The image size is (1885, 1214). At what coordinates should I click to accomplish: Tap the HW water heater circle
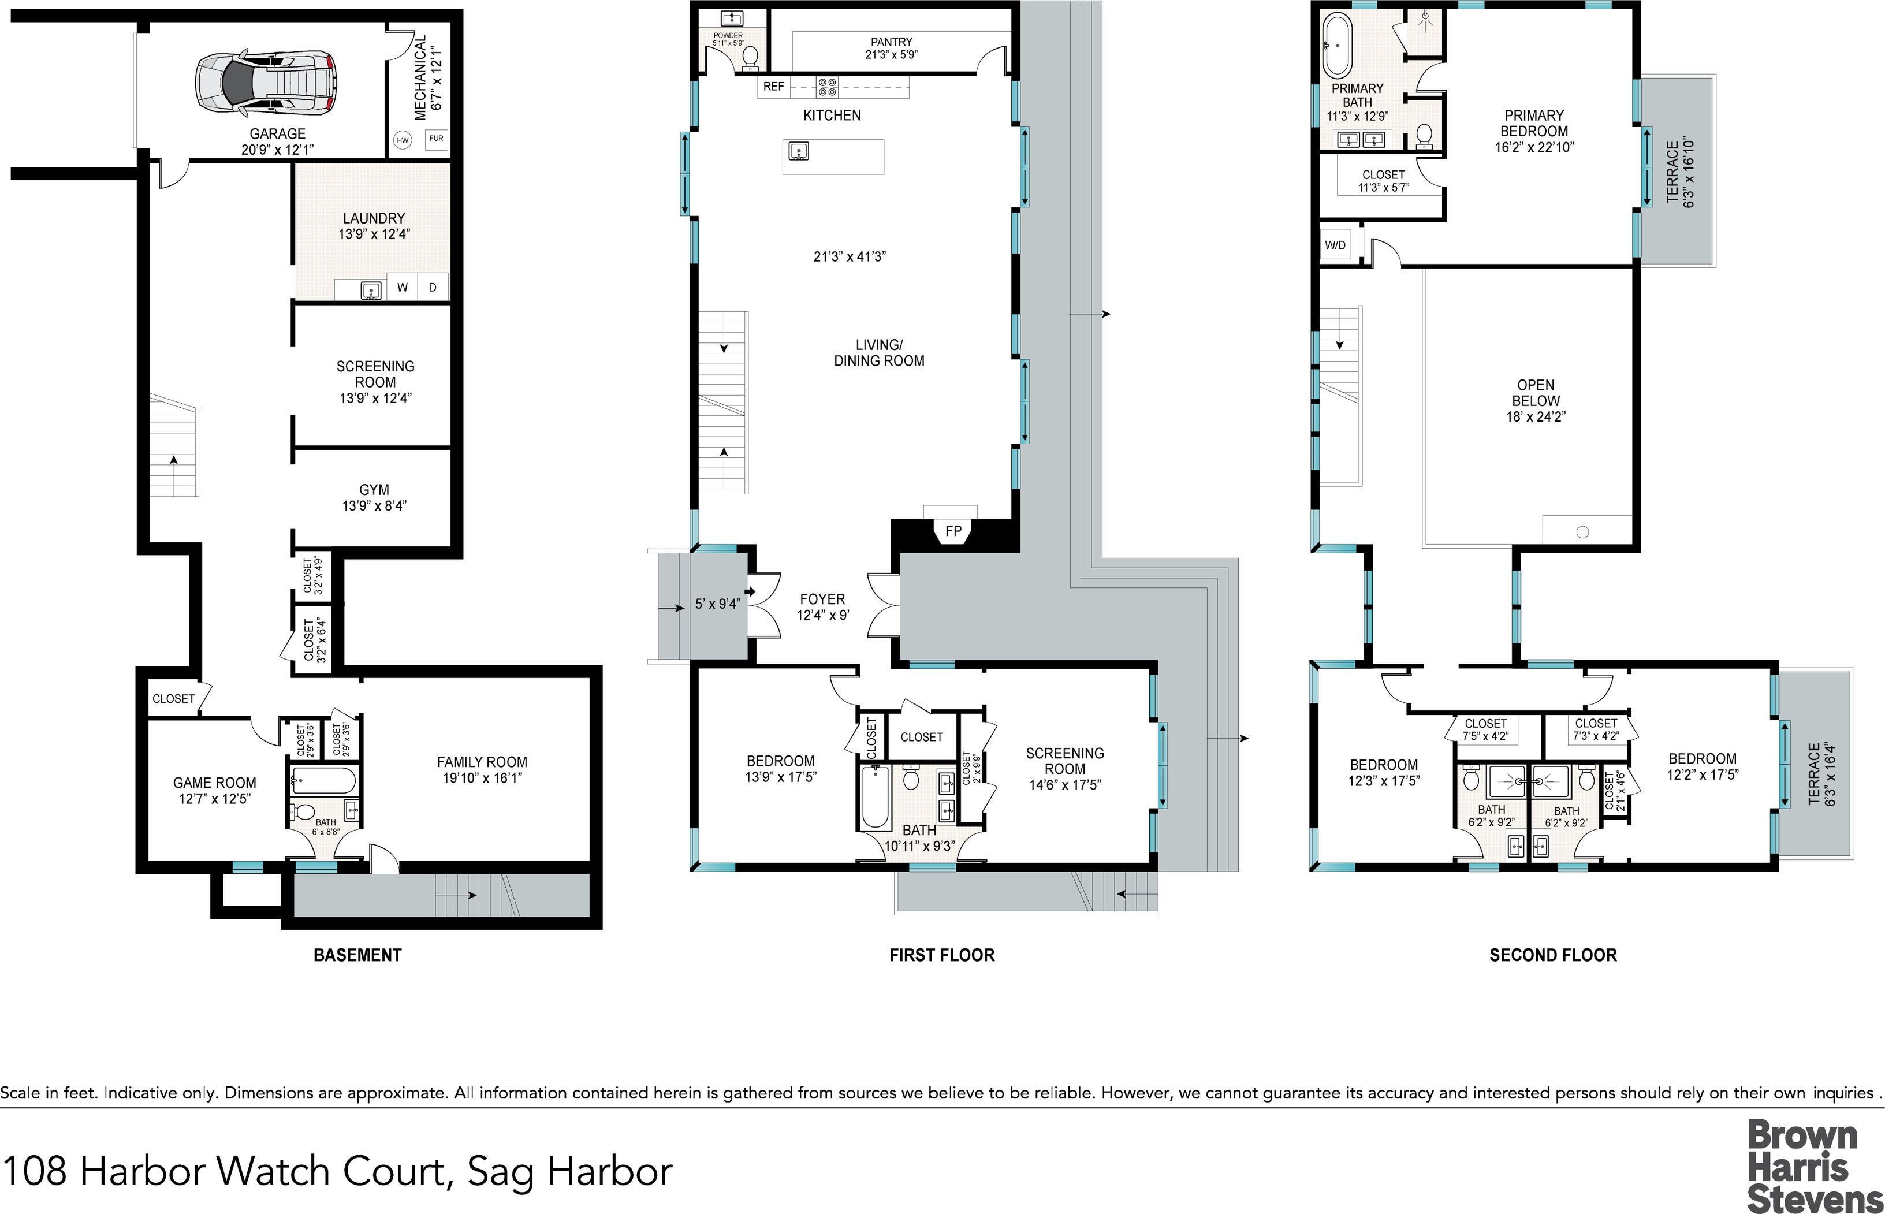coord(403,140)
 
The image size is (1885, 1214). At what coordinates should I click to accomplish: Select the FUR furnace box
coord(436,139)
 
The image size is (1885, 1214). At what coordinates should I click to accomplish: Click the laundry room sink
coord(370,291)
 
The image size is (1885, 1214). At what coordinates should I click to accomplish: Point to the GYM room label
coord(374,490)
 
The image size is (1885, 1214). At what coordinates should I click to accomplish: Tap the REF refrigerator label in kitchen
coord(774,87)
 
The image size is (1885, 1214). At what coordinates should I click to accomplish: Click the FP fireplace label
coord(953,531)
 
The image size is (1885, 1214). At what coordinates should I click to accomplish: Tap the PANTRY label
coord(891,42)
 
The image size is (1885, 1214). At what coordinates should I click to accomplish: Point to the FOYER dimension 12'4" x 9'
coord(823,615)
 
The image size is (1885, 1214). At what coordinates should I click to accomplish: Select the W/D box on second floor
coord(1335,245)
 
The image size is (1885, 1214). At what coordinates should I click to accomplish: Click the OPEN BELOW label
coord(1535,393)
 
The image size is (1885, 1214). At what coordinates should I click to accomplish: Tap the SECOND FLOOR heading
coord(1552,955)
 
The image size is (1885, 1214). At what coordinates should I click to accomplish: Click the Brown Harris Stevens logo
coord(1812,1165)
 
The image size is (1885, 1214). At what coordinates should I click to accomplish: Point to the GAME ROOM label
coord(214,783)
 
